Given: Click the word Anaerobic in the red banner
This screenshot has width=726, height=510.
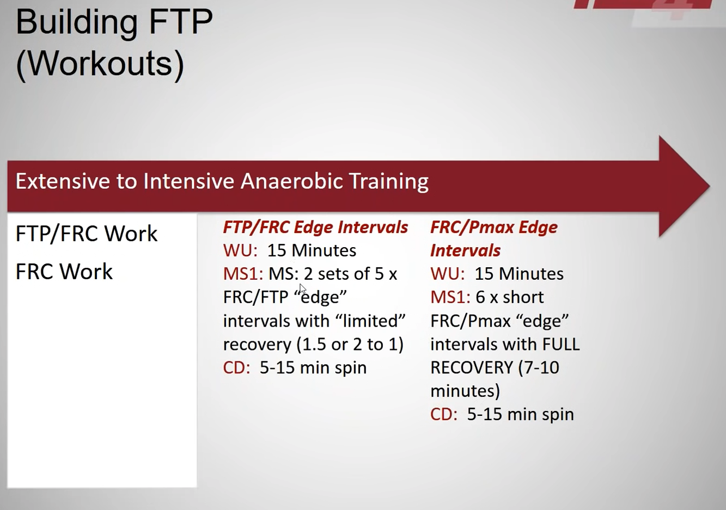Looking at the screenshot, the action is tap(291, 181).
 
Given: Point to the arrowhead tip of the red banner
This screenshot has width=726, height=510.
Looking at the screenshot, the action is tap(710, 186).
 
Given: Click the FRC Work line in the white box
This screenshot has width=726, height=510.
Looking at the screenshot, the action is tap(64, 272).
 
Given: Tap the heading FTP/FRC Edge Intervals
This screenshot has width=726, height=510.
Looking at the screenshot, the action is tap(315, 227).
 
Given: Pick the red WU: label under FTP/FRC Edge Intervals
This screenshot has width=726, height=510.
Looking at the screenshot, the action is tap(240, 250).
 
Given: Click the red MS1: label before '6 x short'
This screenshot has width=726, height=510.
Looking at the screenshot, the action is tap(450, 297).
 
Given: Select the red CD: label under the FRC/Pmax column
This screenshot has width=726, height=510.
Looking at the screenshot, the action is tap(444, 414).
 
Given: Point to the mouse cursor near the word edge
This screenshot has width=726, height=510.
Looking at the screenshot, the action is tap(302, 289).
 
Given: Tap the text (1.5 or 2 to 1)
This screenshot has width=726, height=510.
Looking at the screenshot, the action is tap(350, 344).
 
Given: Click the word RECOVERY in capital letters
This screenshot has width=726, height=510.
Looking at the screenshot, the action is tap(472, 367).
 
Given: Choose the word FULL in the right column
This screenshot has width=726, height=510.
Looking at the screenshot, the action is tap(561, 344).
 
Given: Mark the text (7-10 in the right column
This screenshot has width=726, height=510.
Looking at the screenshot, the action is tap(539, 367).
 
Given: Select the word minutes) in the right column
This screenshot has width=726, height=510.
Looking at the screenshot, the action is tap(465, 391).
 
